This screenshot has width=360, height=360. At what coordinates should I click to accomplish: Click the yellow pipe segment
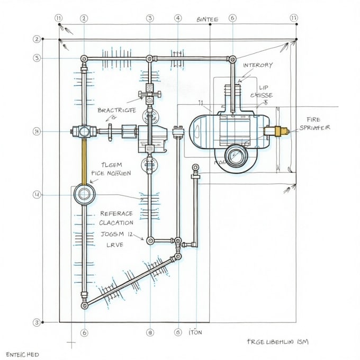click(x=83, y=160)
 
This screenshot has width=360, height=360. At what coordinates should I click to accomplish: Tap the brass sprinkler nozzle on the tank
click(x=279, y=130)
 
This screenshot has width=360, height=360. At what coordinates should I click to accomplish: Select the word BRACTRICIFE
click(x=116, y=110)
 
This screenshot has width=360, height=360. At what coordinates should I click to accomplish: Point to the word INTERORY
click(x=258, y=65)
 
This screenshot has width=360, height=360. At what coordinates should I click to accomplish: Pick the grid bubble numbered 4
click(x=178, y=18)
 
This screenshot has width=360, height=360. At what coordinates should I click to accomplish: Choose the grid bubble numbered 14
click(x=37, y=195)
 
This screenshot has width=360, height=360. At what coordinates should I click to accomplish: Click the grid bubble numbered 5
click(x=37, y=58)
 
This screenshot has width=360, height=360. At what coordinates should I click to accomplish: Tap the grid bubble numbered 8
click(x=150, y=333)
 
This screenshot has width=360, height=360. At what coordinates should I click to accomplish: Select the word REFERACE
click(x=116, y=214)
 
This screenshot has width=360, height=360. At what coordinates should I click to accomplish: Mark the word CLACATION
click(x=116, y=223)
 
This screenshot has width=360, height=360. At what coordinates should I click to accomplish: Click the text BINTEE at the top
click(x=207, y=20)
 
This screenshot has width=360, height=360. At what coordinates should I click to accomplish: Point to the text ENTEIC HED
click(x=22, y=354)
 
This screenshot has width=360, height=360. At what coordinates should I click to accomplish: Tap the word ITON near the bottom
click(x=195, y=332)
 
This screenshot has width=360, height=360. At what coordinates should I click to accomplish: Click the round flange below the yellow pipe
click(x=84, y=194)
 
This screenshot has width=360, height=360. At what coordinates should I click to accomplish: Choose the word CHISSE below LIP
click(x=261, y=95)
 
